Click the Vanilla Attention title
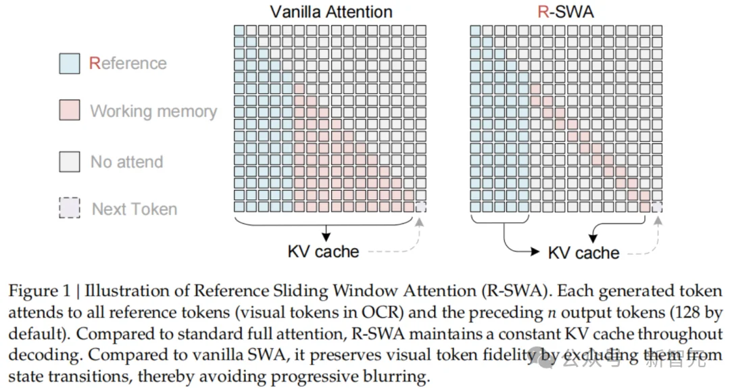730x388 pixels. (x=331, y=11)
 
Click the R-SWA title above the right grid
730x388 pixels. (x=566, y=11)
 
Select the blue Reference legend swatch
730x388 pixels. (x=70, y=64)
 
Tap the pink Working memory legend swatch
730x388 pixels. (x=70, y=110)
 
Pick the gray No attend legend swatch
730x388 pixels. (x=70, y=162)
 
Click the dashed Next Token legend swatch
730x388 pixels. (x=70, y=208)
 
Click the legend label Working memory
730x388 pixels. (x=153, y=112)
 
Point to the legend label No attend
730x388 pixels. (x=126, y=162)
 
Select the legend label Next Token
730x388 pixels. (x=135, y=209)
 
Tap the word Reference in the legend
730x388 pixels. (x=128, y=63)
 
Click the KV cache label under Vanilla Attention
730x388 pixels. (x=324, y=251)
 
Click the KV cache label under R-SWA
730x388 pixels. (x=584, y=253)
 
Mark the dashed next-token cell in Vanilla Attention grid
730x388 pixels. (x=420, y=207)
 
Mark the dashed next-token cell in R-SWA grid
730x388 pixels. (x=657, y=207)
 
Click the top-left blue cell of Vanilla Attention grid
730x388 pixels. (x=239, y=30)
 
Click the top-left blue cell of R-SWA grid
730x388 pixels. (x=475, y=30)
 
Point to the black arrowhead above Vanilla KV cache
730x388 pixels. (x=326, y=236)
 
